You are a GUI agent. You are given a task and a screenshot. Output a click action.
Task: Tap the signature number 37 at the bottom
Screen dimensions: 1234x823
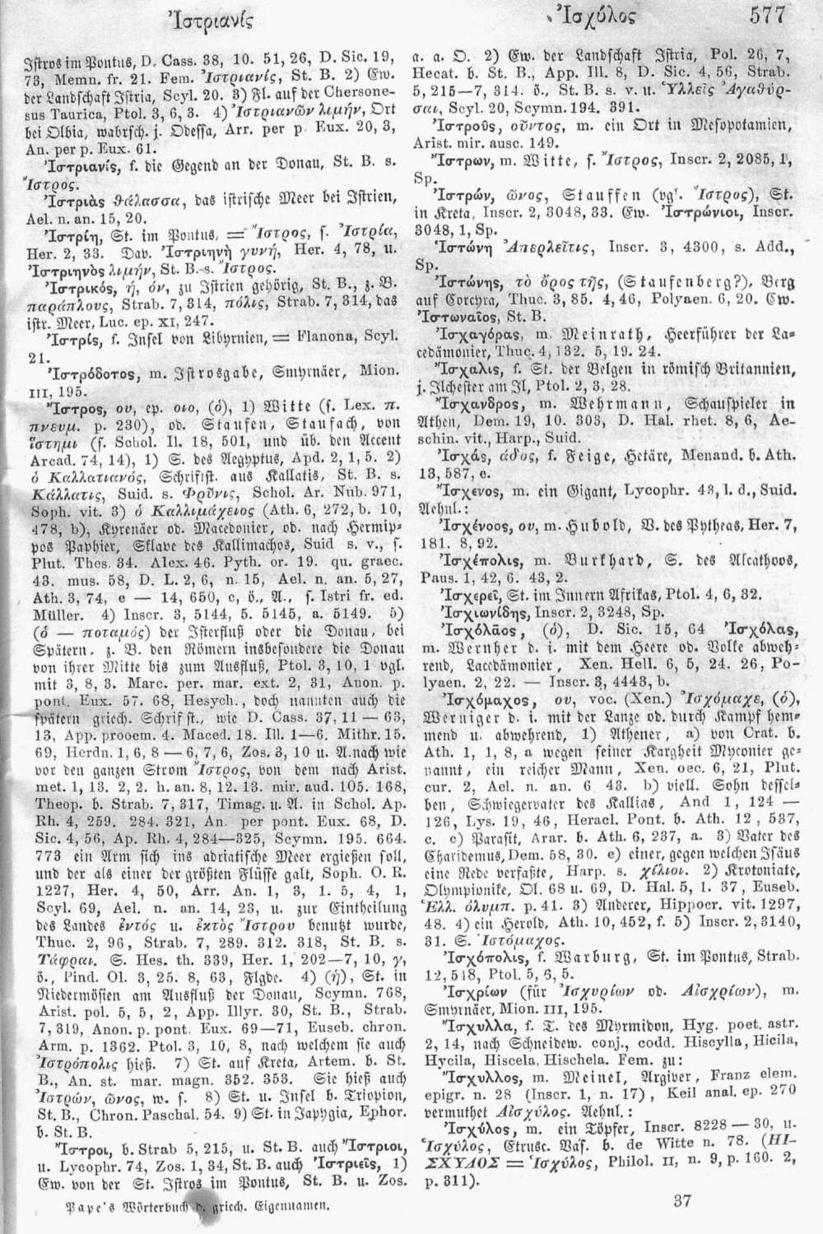click(683, 1201)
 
